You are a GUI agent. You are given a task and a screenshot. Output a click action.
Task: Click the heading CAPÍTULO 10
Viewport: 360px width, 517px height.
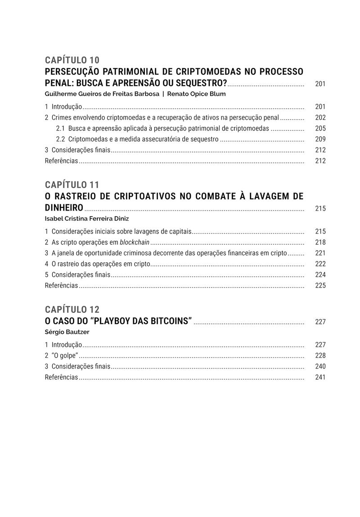[72, 60]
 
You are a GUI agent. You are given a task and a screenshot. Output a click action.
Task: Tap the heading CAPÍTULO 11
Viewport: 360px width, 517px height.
[72, 185]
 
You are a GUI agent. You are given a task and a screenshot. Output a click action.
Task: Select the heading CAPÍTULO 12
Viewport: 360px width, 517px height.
[72, 310]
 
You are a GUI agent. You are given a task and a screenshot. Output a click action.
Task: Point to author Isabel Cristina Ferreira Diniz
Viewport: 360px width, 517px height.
[87, 219]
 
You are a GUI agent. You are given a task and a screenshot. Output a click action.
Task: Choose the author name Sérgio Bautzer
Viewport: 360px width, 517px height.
[67, 332]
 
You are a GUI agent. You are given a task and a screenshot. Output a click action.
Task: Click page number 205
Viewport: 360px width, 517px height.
[320, 129]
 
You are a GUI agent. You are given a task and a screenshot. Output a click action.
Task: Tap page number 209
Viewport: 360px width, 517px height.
[320, 139]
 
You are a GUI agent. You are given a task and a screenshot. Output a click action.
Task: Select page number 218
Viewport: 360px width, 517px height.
[320, 243]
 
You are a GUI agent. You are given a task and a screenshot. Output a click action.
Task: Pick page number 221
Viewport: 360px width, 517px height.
[320, 253]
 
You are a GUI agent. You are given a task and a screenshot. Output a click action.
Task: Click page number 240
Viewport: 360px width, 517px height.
[320, 367]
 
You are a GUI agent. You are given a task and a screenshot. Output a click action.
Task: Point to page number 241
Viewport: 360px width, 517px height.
[320, 378]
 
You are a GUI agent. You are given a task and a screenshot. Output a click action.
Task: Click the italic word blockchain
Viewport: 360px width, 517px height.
[135, 243]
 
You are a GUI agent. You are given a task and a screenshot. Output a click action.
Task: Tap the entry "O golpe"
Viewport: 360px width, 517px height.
[65, 356]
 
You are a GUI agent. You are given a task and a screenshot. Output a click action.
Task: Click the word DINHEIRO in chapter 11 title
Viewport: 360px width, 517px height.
[64, 208]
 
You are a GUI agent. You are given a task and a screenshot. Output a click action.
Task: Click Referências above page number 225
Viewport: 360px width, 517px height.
[61, 286]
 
